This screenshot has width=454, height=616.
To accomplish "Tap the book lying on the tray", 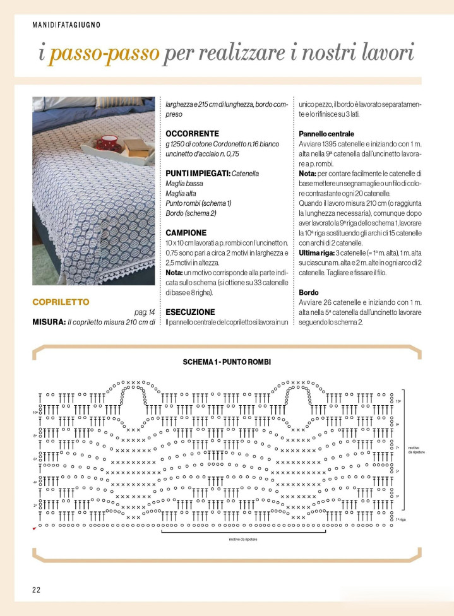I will (134, 146).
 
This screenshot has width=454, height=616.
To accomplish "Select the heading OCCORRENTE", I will (192, 134).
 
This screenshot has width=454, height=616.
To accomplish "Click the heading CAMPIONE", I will (186, 233).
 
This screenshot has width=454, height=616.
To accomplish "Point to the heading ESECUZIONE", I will (190, 312).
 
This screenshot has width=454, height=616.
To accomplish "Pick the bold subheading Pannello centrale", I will (326, 134).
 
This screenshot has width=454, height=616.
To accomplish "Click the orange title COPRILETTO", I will (61, 302).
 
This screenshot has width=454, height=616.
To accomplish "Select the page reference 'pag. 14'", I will (144, 312).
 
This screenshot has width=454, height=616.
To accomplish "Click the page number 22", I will (37, 589).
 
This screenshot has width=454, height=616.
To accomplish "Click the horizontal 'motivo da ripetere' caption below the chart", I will (242, 540).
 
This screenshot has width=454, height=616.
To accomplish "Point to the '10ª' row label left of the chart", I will (35, 413).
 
